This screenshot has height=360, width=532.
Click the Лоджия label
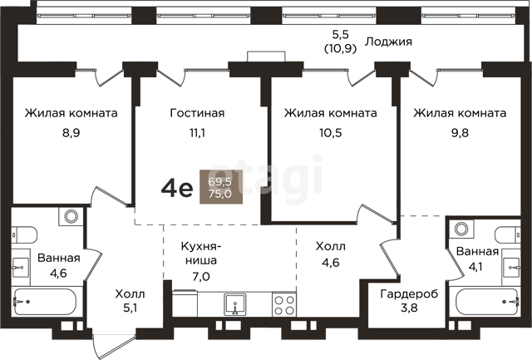click(x=388, y=42)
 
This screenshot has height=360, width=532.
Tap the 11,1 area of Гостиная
click(x=197, y=133)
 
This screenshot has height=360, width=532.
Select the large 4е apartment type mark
click(x=177, y=188)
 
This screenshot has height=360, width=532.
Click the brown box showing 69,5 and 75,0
click(x=221, y=187)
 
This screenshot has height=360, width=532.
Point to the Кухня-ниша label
click(x=200, y=253)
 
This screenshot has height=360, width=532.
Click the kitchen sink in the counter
click(x=234, y=304)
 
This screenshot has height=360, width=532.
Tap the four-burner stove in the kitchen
click(x=284, y=305)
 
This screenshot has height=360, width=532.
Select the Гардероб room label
click(x=409, y=293)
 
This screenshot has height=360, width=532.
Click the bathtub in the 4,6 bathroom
click(x=45, y=301)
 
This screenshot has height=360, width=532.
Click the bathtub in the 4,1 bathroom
click(x=487, y=301)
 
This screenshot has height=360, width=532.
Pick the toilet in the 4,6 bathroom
click(x=25, y=234)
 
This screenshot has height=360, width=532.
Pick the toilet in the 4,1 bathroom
click(x=507, y=234)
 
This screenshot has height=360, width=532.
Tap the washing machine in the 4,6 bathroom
click(x=71, y=216)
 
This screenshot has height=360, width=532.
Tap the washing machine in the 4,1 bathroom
click(x=461, y=229)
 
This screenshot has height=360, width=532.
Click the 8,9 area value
click(x=71, y=133)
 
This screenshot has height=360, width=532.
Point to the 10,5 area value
click(x=331, y=133)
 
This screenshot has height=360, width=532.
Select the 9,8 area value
click(x=460, y=133)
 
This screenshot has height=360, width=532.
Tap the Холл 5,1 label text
click(x=130, y=300)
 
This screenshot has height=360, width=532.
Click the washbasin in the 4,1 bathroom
click(x=511, y=267)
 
